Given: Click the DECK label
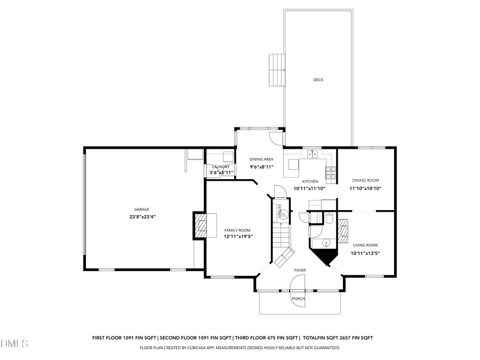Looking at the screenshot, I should (318, 80).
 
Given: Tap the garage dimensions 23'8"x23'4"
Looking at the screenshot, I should (141, 217).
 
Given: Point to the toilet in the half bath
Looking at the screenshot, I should (330, 219).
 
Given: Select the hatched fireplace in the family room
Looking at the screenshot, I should (200, 225).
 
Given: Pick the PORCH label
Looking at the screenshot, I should (298, 299).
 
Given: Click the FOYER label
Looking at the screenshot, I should (300, 270).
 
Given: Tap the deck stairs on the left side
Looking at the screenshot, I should (277, 70).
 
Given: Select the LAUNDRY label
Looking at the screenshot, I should (220, 166).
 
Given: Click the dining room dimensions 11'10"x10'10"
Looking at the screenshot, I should (365, 188).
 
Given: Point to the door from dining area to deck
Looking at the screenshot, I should (275, 137).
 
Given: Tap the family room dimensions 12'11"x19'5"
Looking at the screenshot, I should (238, 237).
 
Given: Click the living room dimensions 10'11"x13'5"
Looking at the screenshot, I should (365, 253).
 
